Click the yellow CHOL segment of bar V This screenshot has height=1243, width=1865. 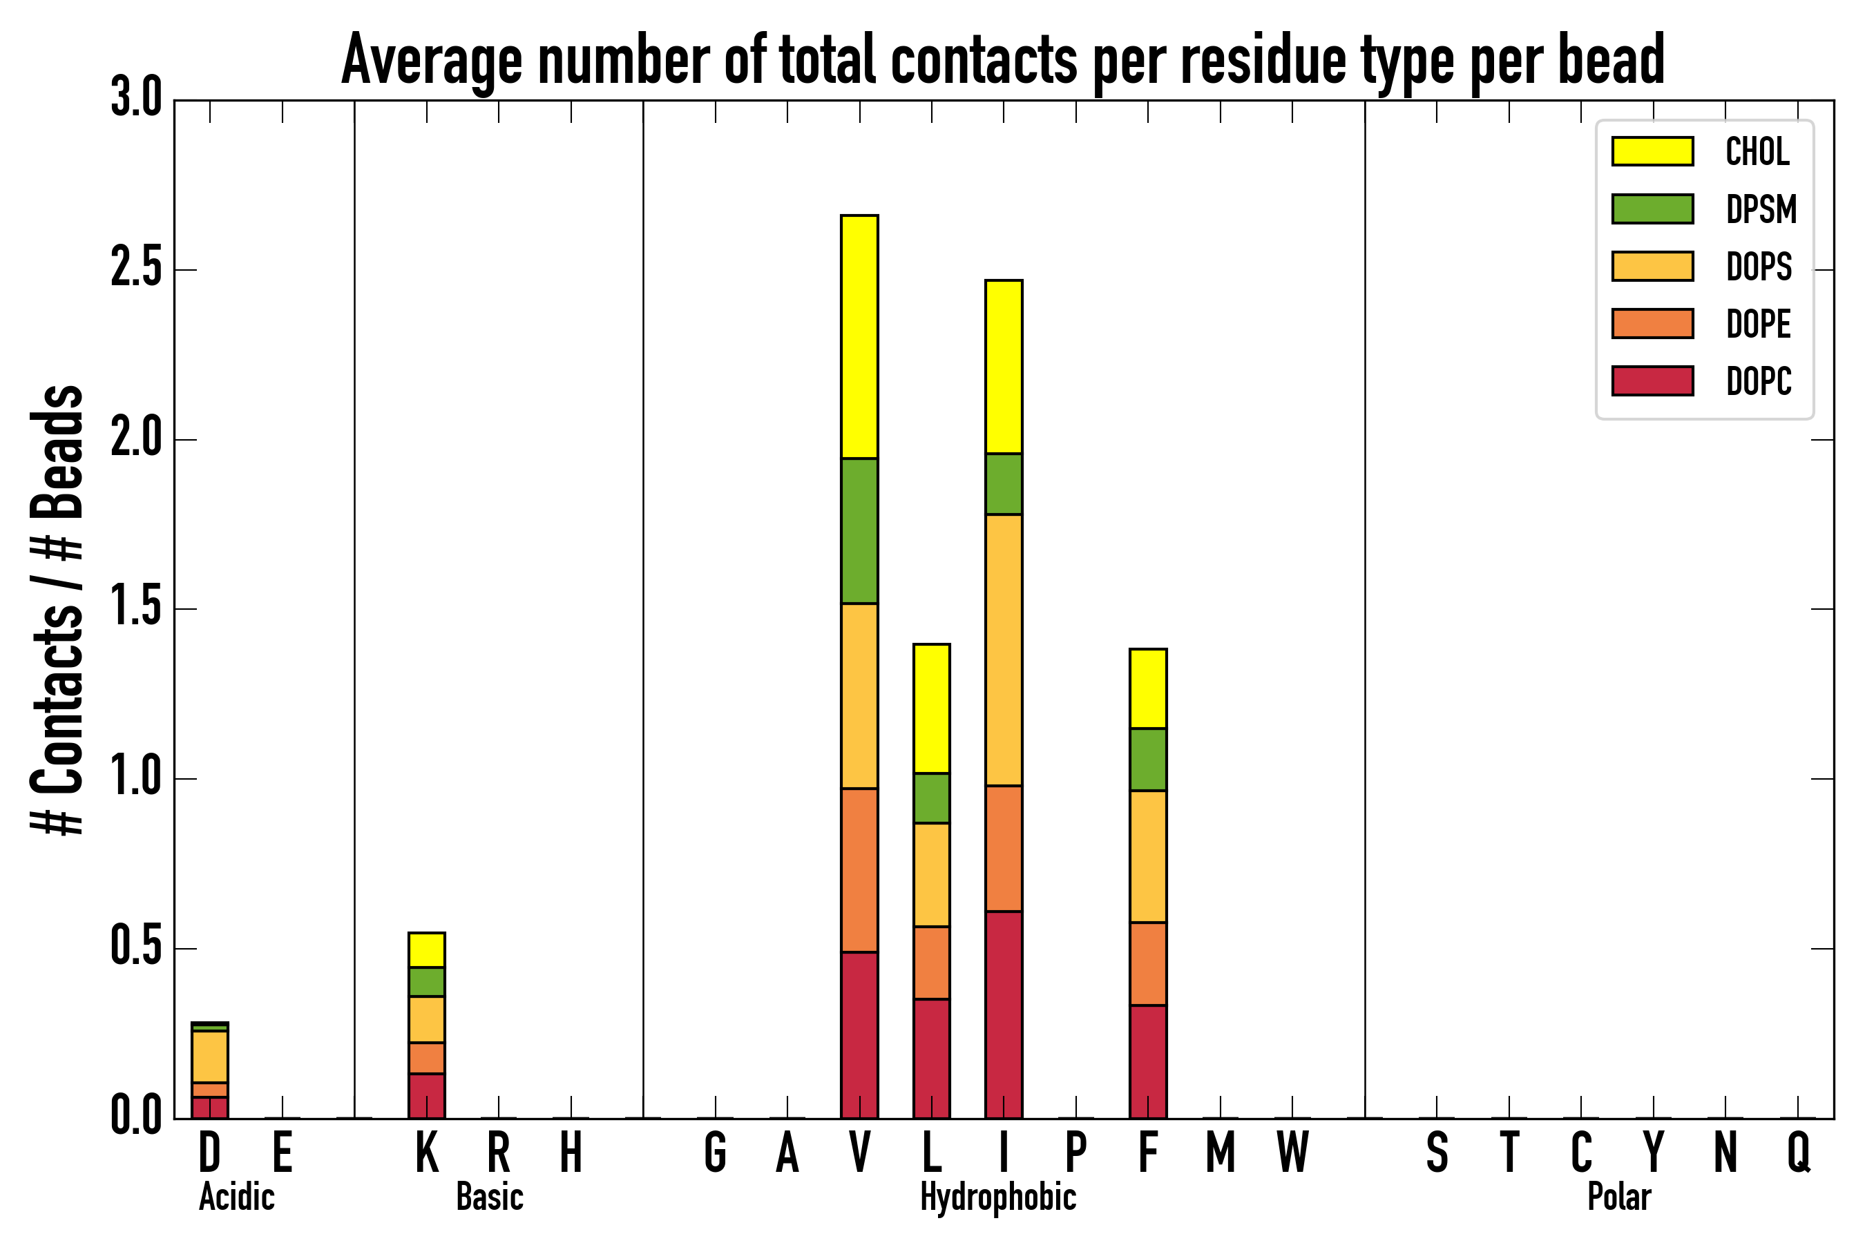(859, 337)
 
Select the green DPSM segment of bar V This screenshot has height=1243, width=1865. (859, 531)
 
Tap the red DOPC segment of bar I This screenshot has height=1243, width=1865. (1004, 1014)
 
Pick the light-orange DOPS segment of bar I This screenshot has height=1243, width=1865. (1004, 650)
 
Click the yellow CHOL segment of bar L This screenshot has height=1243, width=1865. (932, 709)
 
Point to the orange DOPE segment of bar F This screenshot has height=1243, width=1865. (1148, 964)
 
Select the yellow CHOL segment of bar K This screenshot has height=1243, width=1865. (427, 950)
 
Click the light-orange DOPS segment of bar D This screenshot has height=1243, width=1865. (210, 1057)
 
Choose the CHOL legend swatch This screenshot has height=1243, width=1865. (1652, 151)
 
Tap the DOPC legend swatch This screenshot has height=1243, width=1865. (1652, 380)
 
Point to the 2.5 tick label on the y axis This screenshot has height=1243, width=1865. (136, 270)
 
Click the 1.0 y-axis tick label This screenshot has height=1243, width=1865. (136, 779)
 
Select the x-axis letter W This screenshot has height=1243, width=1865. (1292, 1152)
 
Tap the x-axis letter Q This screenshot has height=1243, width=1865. (1799, 1152)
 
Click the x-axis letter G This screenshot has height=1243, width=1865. (715, 1152)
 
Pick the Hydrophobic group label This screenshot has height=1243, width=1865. (997, 1197)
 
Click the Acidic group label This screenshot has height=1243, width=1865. (236, 1197)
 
